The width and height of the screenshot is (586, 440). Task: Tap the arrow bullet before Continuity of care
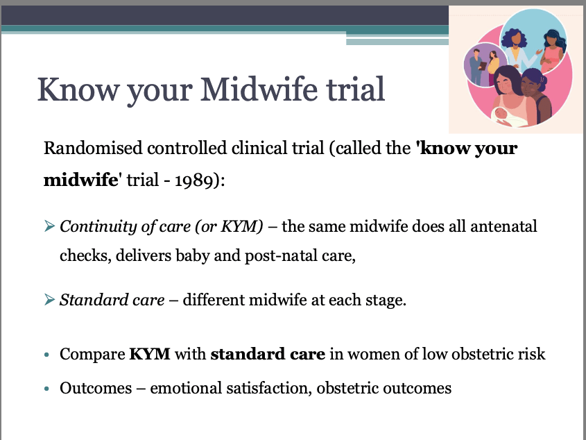tap(49, 226)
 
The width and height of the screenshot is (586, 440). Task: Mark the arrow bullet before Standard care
tap(49, 299)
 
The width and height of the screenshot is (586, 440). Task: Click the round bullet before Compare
tap(46, 355)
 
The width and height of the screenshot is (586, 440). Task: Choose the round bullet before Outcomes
tap(46, 389)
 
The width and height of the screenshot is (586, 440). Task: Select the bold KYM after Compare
tap(150, 354)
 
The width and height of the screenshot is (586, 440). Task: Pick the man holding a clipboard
tap(477, 67)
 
